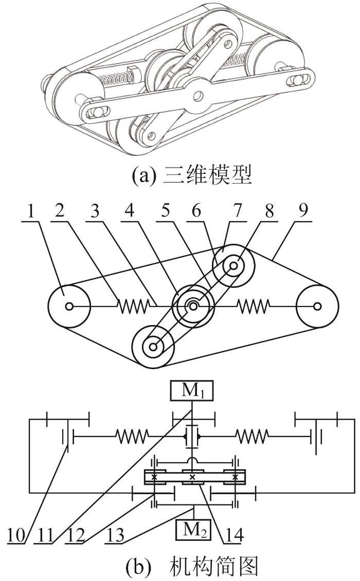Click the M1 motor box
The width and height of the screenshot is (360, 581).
click(192, 391)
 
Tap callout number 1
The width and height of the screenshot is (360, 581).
click(31, 211)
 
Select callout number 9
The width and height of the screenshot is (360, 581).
click(303, 211)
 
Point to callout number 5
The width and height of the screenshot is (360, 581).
click(166, 211)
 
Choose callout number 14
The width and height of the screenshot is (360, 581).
click(233, 535)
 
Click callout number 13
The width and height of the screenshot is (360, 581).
click(115, 535)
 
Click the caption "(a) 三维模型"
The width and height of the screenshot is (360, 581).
click(192, 176)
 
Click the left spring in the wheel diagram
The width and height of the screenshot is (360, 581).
click(134, 306)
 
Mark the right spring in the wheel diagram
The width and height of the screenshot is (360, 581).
click(253, 306)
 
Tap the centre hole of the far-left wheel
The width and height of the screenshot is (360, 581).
click(69, 306)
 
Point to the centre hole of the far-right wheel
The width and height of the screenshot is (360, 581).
click(317, 306)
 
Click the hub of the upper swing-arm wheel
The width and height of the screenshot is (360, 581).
click(234, 266)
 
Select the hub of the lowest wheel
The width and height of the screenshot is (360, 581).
click(153, 347)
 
